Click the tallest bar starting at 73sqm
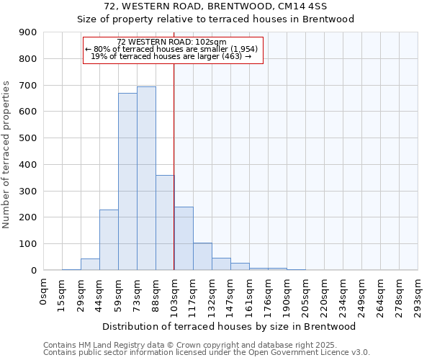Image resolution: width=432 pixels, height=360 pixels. click(146, 179)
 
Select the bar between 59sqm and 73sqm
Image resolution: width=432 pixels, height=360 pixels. click(127, 181)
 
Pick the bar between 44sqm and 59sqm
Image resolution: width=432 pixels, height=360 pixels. click(109, 240)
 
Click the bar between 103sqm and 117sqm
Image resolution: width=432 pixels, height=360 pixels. click(184, 238)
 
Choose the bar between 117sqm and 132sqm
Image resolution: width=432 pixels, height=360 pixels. click(202, 256)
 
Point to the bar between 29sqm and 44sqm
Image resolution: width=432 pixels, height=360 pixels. click(90, 264)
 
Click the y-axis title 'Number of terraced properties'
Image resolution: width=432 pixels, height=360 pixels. click(7, 155)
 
